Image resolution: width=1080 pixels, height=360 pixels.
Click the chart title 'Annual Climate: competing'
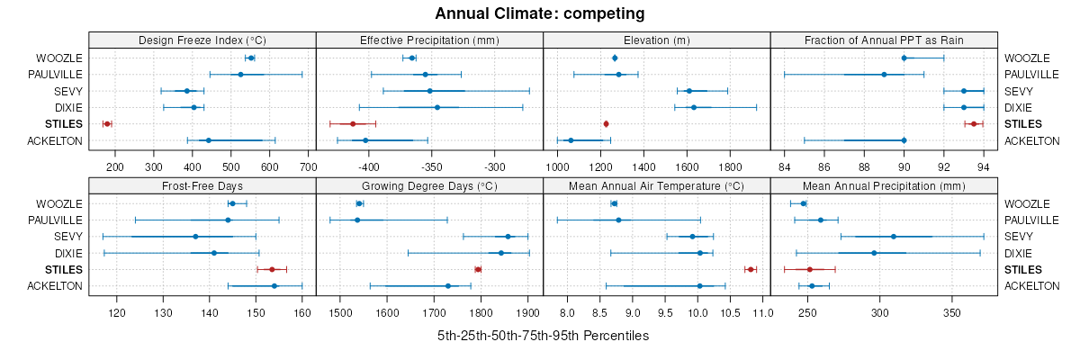(x=540, y=13)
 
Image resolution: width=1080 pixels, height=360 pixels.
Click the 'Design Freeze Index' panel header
(x=202, y=40)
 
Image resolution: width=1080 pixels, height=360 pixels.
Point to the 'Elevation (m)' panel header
(x=657, y=40)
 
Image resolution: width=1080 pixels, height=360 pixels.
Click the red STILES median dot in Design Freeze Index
(x=107, y=123)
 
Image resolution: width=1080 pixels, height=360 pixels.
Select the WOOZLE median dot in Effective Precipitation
(x=412, y=58)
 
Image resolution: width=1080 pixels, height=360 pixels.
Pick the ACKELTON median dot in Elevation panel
(x=571, y=139)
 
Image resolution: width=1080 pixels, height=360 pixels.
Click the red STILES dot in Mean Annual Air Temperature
(x=750, y=269)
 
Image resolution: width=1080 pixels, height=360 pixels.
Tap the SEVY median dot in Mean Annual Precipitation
(x=894, y=236)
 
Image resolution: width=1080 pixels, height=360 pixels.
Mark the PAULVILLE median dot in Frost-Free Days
(x=228, y=220)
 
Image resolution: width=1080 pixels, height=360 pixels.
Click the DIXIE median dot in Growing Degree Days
(x=501, y=253)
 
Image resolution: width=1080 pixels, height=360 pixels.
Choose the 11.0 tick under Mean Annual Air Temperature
(x=762, y=312)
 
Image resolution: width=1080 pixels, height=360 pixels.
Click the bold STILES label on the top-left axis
(x=63, y=123)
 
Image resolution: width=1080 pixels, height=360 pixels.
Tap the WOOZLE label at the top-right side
(x=1024, y=58)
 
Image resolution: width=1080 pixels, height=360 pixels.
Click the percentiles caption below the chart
(x=543, y=336)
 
